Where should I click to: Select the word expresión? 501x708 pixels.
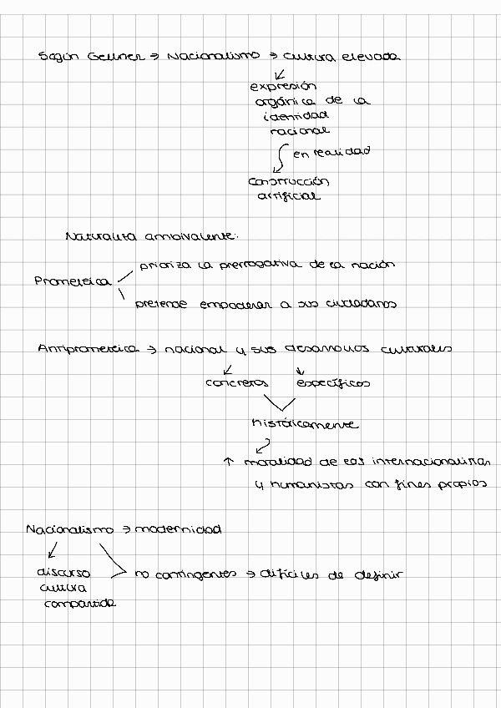tap(284, 86)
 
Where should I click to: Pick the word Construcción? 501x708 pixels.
tap(289, 181)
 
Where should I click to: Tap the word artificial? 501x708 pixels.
tap(288, 196)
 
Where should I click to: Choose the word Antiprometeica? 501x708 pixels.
tap(87, 350)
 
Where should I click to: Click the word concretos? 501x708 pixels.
tap(236, 383)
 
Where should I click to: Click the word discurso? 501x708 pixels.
tap(63, 574)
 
